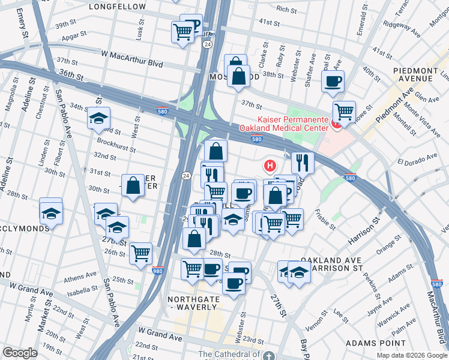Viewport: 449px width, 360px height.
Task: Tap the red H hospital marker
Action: pos(271,166)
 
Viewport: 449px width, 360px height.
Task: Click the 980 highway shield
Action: pos(158,271)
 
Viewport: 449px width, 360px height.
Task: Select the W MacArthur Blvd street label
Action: pos(132,54)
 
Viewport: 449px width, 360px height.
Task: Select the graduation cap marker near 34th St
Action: pos(99,119)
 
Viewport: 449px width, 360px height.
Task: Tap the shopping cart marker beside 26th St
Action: pos(140,253)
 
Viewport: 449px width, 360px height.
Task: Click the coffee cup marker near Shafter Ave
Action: pos(333,81)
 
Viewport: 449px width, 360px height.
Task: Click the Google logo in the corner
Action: pos(20,353)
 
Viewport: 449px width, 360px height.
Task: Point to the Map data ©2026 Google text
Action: pos(411,355)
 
